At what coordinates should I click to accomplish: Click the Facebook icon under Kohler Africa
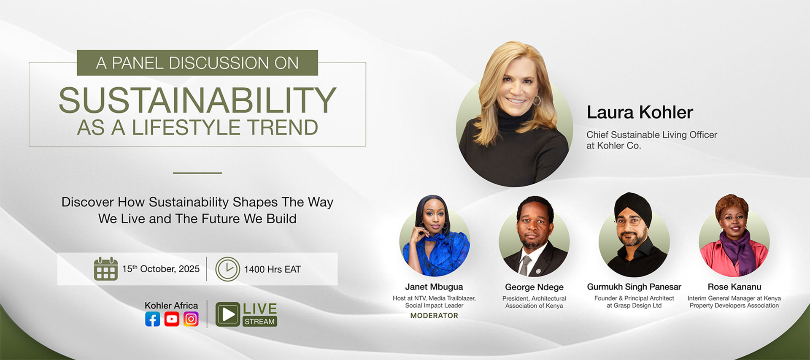click(152, 319)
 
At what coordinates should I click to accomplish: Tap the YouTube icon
click(172, 319)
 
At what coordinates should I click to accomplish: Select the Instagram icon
click(191, 319)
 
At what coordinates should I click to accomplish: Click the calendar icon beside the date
click(105, 269)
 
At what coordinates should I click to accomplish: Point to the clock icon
click(228, 269)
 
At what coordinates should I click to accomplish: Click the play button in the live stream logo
click(228, 314)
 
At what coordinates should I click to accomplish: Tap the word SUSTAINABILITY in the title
click(197, 100)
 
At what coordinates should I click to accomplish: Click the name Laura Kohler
click(640, 112)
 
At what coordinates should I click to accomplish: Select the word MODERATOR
click(434, 316)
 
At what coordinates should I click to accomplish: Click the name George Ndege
click(534, 287)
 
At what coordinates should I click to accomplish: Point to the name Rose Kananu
click(734, 287)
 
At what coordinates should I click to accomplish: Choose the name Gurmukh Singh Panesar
click(634, 287)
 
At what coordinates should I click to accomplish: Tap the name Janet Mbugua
click(434, 287)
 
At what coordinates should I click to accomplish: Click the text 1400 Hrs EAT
click(272, 269)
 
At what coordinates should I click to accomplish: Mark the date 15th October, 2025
click(161, 269)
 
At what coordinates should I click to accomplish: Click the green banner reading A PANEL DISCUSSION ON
click(197, 63)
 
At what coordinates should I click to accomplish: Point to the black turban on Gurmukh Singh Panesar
click(633, 207)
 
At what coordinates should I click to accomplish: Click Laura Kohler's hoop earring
click(537, 100)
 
